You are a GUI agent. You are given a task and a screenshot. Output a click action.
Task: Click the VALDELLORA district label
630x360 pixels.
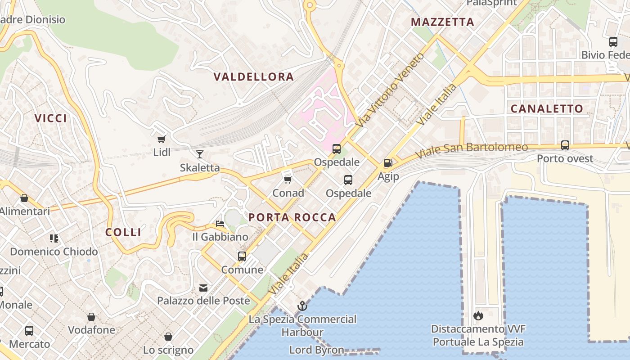click(254, 77)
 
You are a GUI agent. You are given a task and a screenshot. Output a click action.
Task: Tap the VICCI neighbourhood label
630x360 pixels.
click(51, 118)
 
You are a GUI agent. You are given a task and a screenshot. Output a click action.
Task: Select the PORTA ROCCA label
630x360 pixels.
click(292, 217)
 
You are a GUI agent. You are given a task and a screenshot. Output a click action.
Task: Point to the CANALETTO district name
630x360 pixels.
click(547, 108)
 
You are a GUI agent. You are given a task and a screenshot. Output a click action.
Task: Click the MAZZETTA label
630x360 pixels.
click(443, 22)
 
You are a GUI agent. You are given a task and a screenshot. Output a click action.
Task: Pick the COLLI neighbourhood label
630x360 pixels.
click(123, 232)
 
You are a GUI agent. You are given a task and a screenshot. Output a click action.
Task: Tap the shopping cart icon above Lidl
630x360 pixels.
click(162, 139)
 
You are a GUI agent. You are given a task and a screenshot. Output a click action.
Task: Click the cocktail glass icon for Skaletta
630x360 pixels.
click(200, 154)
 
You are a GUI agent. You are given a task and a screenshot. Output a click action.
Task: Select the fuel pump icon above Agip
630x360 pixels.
click(388, 163)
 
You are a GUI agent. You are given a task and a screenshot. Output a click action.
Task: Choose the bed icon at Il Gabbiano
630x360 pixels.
click(220, 223)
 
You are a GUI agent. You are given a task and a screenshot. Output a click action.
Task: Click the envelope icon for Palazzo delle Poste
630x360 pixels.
click(203, 288)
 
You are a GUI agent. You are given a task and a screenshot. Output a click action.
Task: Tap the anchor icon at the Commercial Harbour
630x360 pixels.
click(302, 306)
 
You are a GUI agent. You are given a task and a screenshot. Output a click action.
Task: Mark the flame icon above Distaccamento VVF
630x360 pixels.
click(478, 315)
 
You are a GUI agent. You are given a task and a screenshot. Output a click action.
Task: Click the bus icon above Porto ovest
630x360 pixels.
click(565, 145)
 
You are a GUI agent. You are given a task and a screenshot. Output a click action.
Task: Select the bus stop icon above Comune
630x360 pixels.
click(242, 256)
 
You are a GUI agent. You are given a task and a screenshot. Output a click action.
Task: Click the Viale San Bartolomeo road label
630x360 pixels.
click(471, 150)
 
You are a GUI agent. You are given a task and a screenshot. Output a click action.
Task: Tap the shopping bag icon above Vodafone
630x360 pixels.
click(91, 317)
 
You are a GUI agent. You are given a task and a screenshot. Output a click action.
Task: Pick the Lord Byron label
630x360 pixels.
click(316, 350)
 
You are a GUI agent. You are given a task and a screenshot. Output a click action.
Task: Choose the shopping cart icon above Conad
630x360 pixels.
click(288, 180)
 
